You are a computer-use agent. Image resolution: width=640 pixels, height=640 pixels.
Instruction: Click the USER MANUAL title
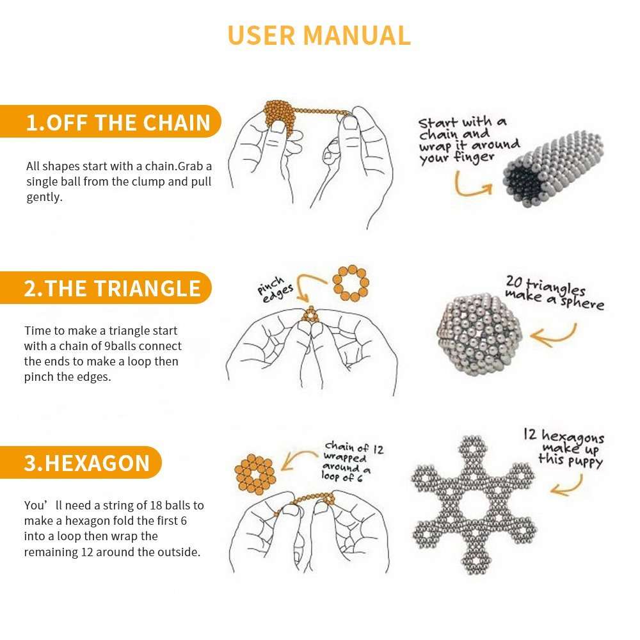319,35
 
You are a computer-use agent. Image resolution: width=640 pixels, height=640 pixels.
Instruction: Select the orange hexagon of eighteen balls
255,475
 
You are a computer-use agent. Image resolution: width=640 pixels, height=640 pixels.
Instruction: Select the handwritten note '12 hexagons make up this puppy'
563,448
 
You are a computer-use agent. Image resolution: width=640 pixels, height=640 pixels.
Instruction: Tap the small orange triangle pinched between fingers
310,315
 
